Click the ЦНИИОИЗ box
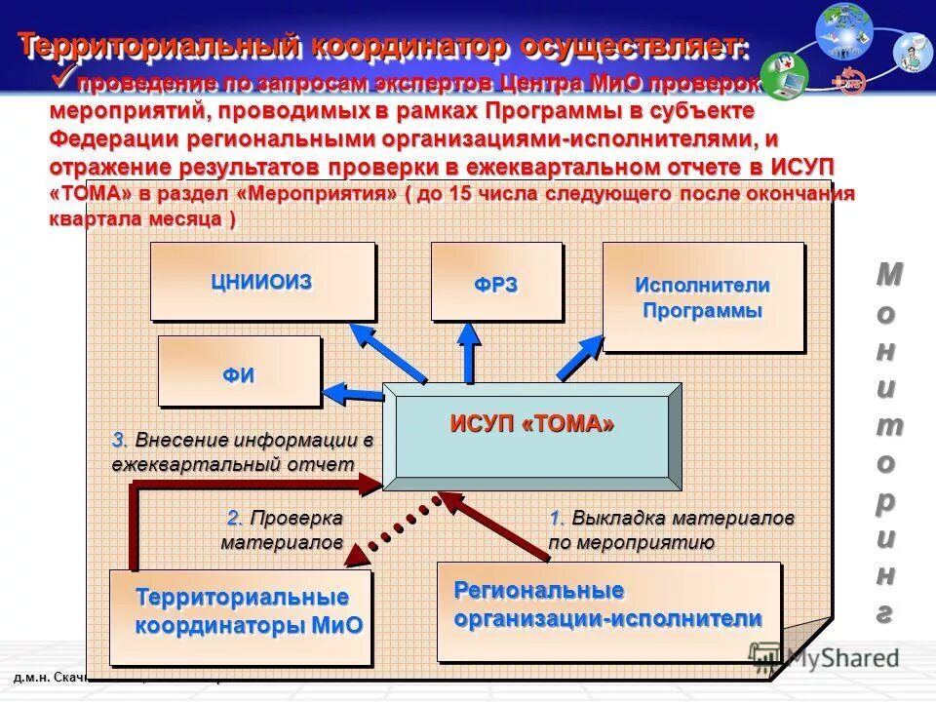pos(261,281)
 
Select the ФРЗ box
pos(496,282)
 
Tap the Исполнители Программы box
pos(703,297)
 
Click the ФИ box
pos(239,371)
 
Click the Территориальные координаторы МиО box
pos(241,612)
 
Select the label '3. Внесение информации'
pos(243,451)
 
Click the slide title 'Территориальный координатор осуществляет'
pos(383,45)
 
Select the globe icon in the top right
pos(844,29)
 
